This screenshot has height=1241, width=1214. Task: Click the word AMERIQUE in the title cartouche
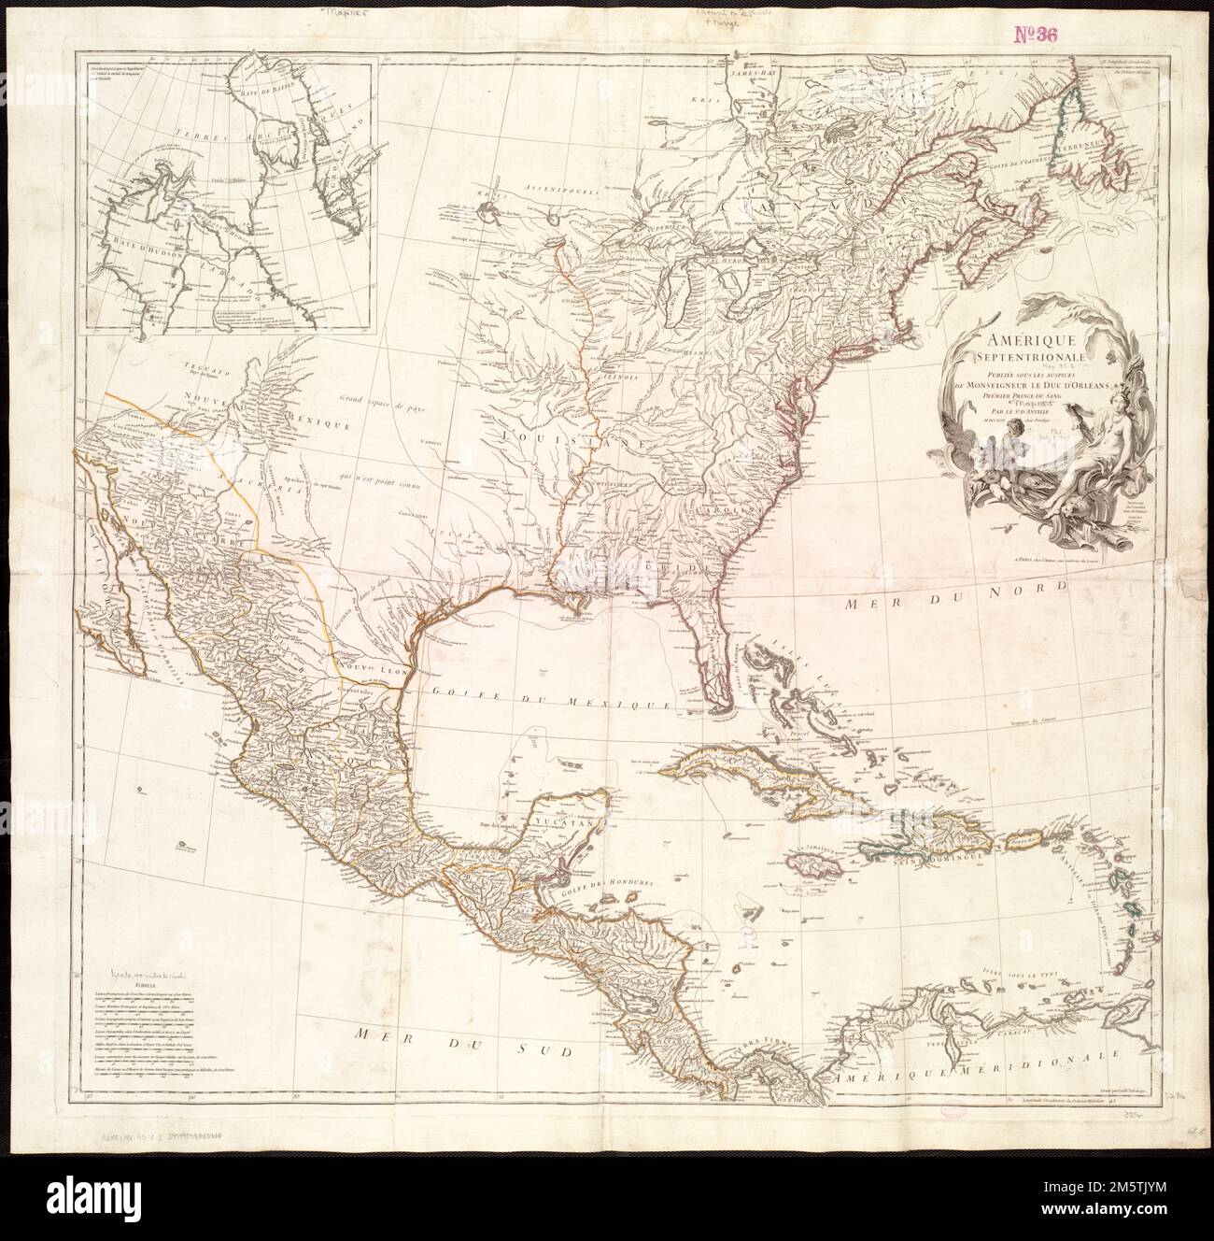tap(1020, 342)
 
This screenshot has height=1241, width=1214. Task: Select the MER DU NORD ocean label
tap(966, 600)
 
